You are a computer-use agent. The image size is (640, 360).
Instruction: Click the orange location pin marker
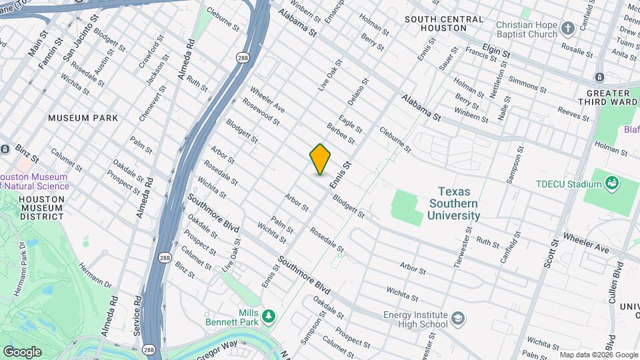point(321,159)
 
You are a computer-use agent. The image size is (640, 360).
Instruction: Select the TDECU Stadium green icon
point(611,182)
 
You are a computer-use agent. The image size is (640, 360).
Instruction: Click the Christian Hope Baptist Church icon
point(567,28)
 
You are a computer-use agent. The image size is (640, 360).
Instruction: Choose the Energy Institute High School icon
point(458,318)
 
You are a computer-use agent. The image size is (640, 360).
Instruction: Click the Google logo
point(22,351)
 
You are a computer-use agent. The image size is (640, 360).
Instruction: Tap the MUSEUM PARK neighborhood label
point(83,118)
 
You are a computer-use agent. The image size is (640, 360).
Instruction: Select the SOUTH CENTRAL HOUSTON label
point(443,23)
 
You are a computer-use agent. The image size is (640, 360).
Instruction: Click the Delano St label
point(357,91)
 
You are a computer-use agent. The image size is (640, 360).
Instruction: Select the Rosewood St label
point(260,112)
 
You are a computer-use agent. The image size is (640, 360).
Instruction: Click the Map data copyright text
point(597,355)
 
